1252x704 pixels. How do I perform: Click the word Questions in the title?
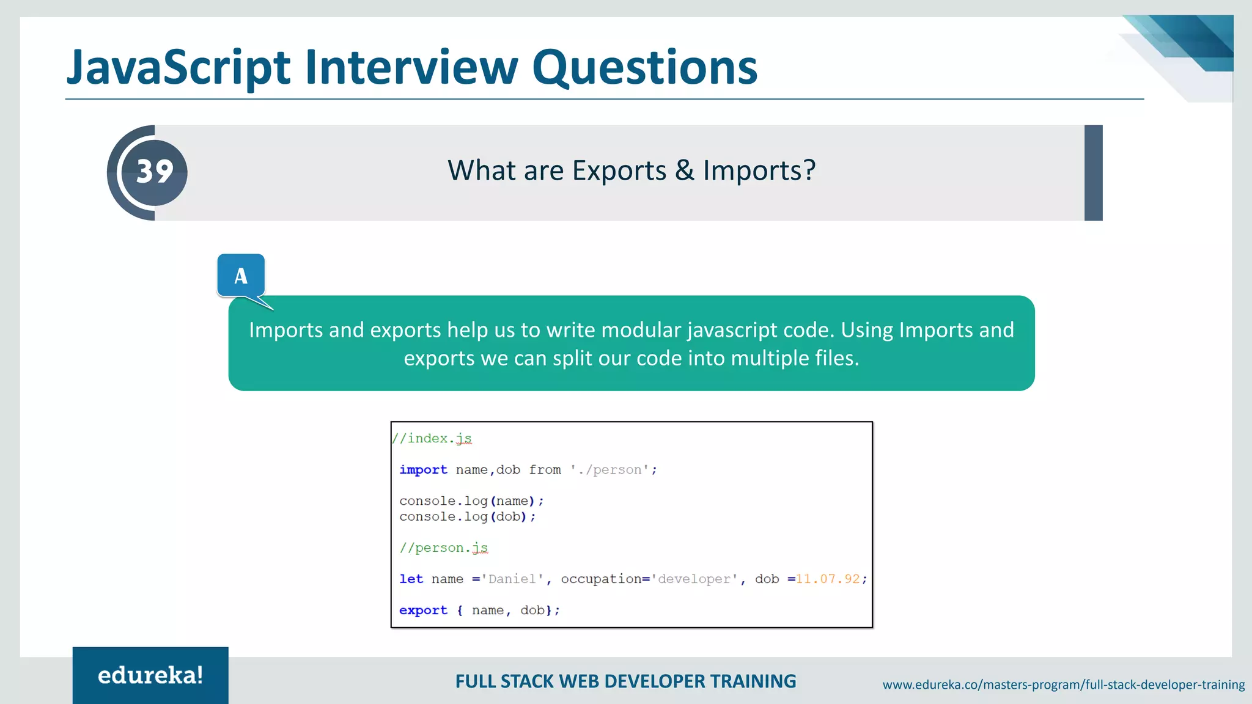pos(644,67)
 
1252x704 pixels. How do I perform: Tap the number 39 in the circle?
pos(155,172)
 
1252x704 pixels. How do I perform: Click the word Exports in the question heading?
pos(619,170)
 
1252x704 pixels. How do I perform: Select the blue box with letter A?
pos(241,276)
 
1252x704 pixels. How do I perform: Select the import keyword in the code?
pos(423,470)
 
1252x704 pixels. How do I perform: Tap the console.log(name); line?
pos(471,501)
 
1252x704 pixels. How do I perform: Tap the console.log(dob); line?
pos(467,517)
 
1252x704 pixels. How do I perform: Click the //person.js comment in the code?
pos(444,548)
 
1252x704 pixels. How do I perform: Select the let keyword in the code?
pos(411,579)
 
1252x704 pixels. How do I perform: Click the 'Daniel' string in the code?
pos(512,579)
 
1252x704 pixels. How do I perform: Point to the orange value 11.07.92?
pos(827,579)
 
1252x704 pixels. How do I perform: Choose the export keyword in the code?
pos(423,610)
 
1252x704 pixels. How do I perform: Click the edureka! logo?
pos(150,675)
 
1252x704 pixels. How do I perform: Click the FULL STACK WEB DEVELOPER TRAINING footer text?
pos(625,681)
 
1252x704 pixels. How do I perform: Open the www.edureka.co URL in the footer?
pos(1063,685)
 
